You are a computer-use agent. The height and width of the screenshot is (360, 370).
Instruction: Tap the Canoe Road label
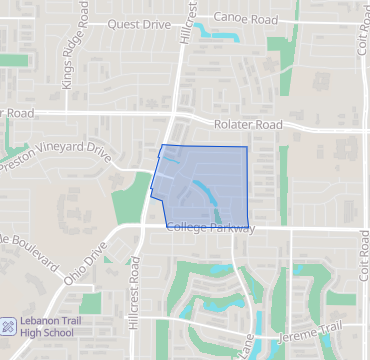pos(248,18)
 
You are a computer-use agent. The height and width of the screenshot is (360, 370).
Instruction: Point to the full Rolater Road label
pos(249,125)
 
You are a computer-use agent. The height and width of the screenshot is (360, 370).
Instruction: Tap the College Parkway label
pos(211,228)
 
